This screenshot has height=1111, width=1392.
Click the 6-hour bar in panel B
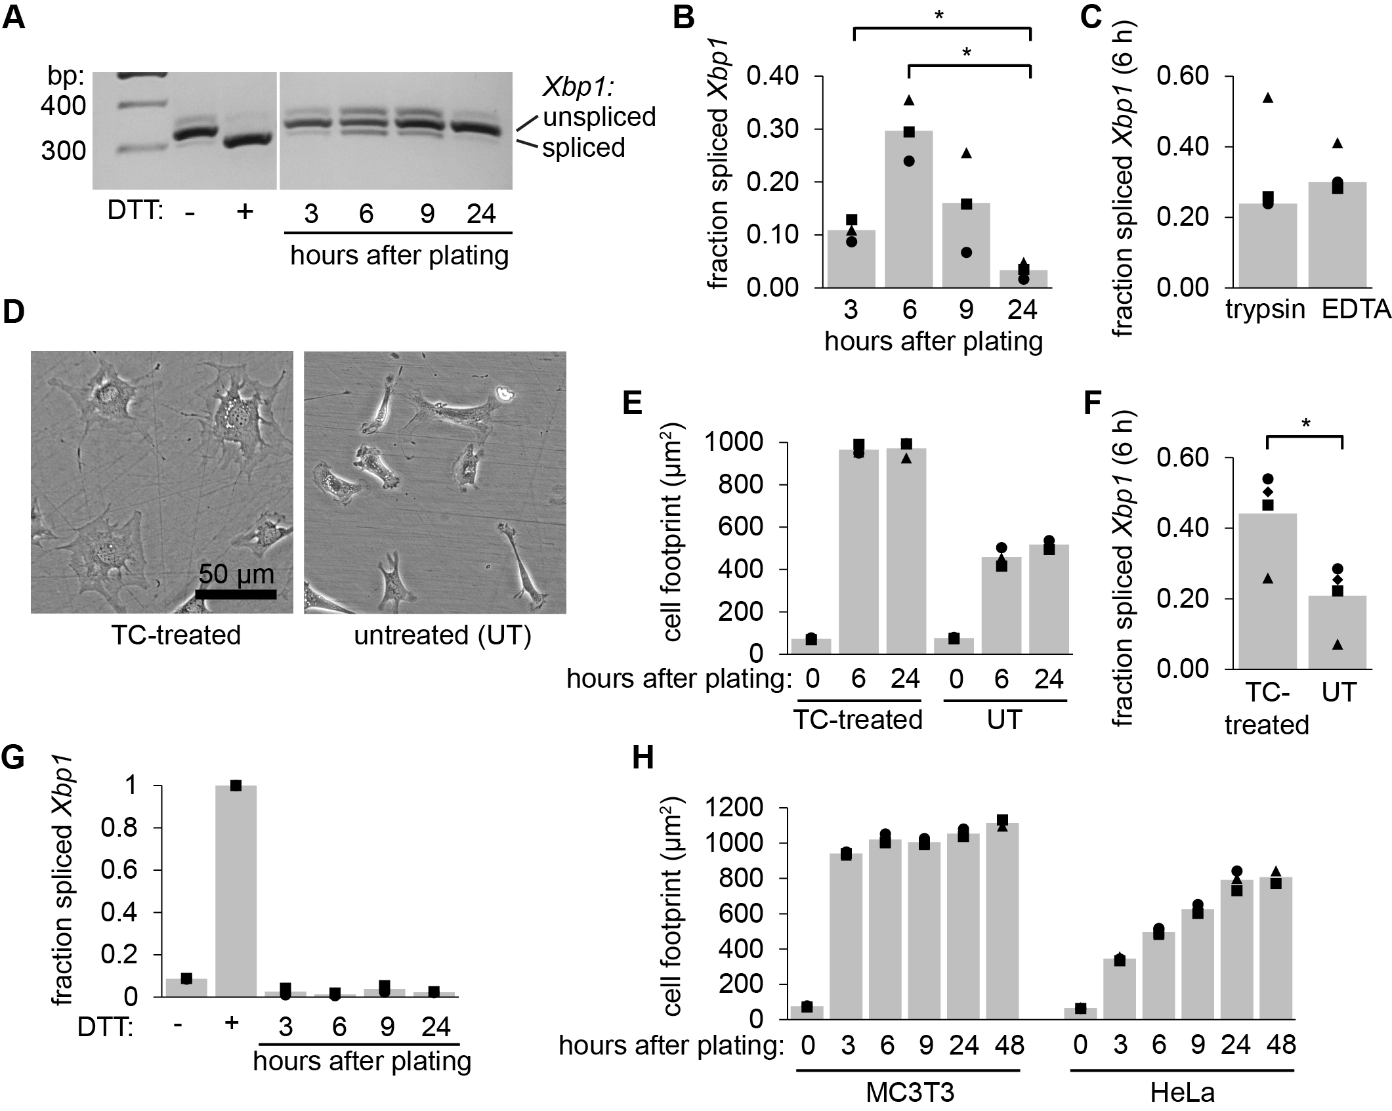point(909,209)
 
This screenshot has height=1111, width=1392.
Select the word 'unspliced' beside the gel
point(599,117)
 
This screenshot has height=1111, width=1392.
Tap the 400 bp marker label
point(63,105)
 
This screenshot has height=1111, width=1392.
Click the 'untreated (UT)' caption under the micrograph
point(442,635)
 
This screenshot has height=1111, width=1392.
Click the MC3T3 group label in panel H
point(910,1093)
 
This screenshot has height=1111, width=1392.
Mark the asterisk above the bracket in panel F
point(1306,425)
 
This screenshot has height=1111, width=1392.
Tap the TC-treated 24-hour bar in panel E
point(906,551)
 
